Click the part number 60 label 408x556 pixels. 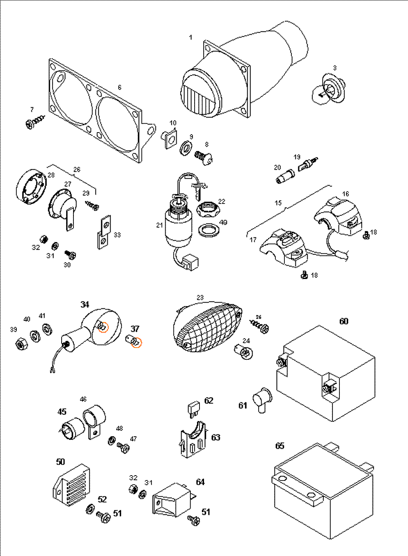[344, 321]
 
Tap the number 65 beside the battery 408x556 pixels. [279, 446]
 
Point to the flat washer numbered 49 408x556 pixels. [209, 230]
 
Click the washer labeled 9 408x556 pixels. [186, 147]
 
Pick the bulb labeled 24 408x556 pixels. [244, 351]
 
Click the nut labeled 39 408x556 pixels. [20, 344]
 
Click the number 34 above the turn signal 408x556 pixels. [84, 305]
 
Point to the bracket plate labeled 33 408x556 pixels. [104, 232]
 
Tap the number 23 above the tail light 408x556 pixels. [200, 298]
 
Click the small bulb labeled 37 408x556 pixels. [134, 341]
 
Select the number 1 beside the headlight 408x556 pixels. [191, 38]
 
